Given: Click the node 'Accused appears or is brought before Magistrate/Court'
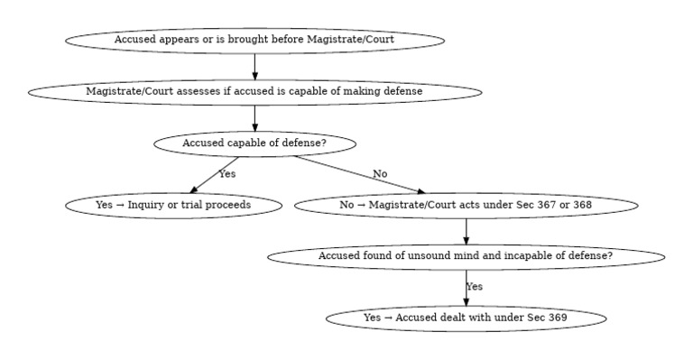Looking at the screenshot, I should pos(254,40).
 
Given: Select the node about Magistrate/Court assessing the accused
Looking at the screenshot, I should pos(254,91).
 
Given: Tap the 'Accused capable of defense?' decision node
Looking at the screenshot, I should pos(254,143).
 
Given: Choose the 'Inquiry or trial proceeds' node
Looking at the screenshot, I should pos(173,205).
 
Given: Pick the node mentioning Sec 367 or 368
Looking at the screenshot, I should pos(466,205).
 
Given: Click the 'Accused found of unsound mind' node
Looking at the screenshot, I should pos(466,256).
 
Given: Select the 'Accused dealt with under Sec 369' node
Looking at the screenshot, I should pos(466,318).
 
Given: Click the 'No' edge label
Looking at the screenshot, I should pos(380,173).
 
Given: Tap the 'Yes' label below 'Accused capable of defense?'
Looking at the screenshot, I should pos(226,173).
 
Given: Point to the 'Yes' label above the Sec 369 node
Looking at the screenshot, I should pos(475,286).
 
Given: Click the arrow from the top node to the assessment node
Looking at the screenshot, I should pos(254,66).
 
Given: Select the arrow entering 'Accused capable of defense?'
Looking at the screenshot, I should pos(254,117).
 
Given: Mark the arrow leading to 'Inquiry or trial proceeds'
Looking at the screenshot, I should pos(215,174).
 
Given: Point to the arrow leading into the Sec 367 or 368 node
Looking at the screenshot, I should pos(361,175).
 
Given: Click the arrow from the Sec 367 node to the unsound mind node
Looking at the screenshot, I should pos(466,231).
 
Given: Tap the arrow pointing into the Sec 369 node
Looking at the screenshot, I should pos(466,290).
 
